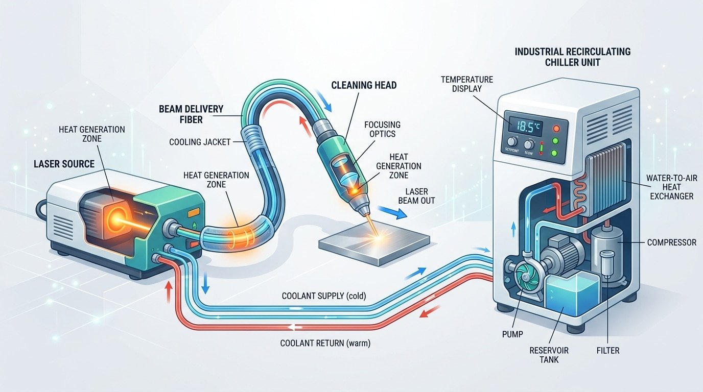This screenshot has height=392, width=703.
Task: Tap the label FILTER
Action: (x=607, y=351)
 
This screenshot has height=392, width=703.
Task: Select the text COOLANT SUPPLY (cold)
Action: (x=323, y=296)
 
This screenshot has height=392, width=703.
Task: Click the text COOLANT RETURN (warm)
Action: (x=325, y=344)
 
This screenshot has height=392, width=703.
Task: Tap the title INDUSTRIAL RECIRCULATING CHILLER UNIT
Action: (x=572, y=57)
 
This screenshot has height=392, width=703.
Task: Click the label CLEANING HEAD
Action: (x=363, y=85)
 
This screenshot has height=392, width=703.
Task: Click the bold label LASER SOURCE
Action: (x=64, y=164)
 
